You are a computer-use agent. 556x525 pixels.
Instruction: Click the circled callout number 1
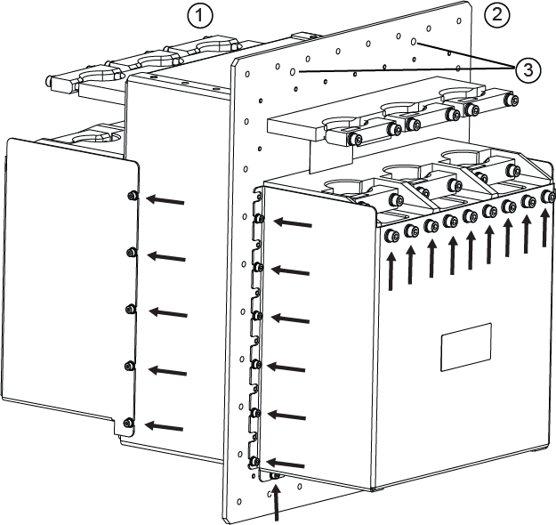coord(200,17)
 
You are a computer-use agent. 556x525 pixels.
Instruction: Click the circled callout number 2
coord(496,15)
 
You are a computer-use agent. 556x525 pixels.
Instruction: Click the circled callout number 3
coord(528,70)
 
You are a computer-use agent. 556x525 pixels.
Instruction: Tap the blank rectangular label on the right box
coord(466,347)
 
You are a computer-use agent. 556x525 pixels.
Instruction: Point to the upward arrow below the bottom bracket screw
coord(276,503)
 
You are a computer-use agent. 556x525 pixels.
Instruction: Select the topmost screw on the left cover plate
coord(133,195)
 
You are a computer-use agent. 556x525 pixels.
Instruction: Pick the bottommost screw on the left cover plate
coord(127,423)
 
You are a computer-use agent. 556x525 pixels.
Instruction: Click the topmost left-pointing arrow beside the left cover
coord(165,199)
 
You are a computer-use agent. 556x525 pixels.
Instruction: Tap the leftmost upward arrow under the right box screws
coord(391,271)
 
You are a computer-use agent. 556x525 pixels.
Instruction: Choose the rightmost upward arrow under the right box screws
coord(545,227)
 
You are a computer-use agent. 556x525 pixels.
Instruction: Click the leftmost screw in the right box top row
coord(392,236)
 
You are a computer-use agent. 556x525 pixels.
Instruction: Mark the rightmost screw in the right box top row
coord(549,196)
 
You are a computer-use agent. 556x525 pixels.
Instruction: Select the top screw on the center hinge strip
coord(260,219)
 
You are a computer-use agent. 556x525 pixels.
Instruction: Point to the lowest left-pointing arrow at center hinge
coord(286,464)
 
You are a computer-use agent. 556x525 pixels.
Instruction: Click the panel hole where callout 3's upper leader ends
coord(414,42)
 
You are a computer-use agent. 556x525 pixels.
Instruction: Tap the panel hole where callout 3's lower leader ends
coord(293,72)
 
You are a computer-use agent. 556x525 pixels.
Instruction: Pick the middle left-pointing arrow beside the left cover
coord(168,312)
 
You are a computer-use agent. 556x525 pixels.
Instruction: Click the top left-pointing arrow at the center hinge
coord(293,222)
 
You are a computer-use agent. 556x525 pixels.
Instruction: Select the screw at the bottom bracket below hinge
coord(276,476)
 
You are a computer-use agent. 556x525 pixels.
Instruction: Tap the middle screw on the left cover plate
coord(130,310)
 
